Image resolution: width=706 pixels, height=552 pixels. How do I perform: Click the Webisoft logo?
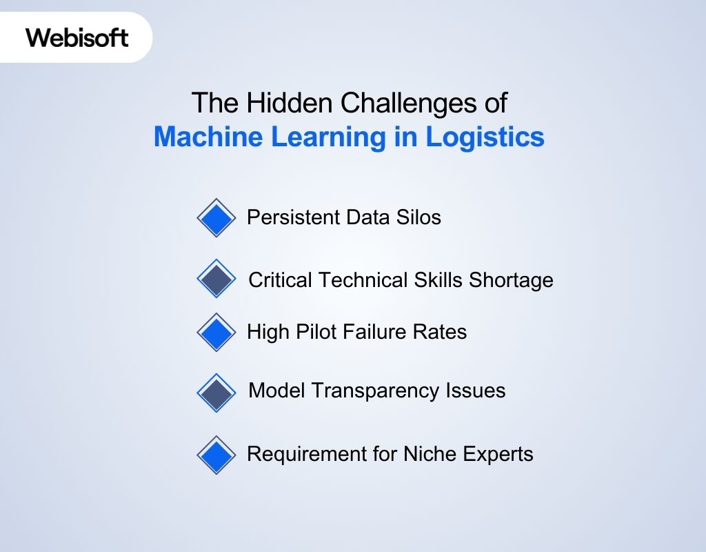pos(77,37)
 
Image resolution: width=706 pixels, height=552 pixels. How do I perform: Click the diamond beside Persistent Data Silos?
pos(216,218)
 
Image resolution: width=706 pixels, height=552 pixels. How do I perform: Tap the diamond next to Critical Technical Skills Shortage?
pos(216,279)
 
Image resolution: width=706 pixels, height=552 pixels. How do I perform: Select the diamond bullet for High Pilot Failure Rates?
pos(216,332)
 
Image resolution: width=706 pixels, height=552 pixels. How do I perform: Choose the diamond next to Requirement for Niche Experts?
pos(216,455)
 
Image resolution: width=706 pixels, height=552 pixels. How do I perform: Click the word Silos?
pos(421,217)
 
